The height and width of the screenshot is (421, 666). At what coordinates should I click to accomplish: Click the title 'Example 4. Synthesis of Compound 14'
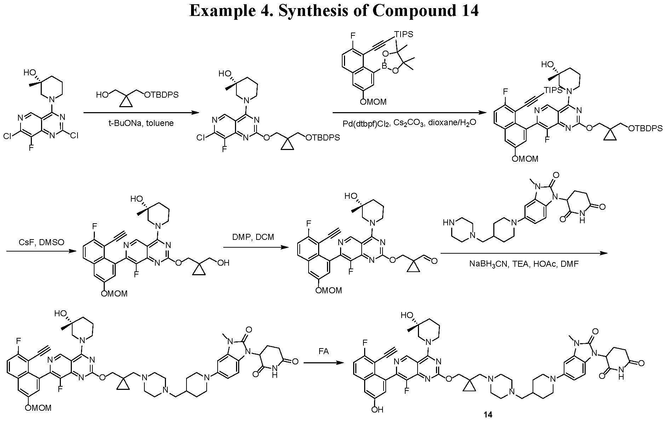click(334, 11)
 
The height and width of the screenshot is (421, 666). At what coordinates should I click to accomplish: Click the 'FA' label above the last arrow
click(323, 351)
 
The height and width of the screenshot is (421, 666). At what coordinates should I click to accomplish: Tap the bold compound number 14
click(488, 415)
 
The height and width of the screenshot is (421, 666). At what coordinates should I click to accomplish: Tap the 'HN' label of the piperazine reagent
click(448, 222)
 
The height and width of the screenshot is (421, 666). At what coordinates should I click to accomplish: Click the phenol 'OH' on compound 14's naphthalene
click(378, 410)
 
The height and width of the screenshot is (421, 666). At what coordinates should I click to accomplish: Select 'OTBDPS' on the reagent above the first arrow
click(161, 94)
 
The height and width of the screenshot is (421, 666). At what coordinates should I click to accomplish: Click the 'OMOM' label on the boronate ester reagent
click(373, 102)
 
